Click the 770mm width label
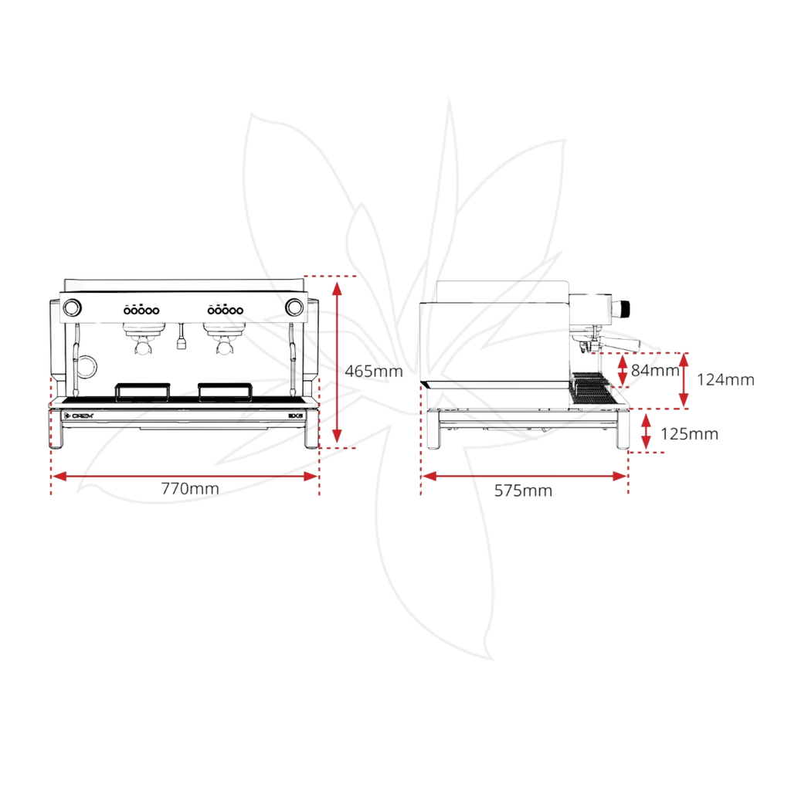point(190,488)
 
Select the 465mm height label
point(374,372)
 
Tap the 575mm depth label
point(523,491)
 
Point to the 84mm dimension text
point(655,370)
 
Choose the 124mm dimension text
point(725,379)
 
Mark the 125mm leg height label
point(689,434)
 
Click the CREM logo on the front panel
point(80,416)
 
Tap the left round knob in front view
point(72,307)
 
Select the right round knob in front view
point(294,307)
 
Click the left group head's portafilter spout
point(144,347)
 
